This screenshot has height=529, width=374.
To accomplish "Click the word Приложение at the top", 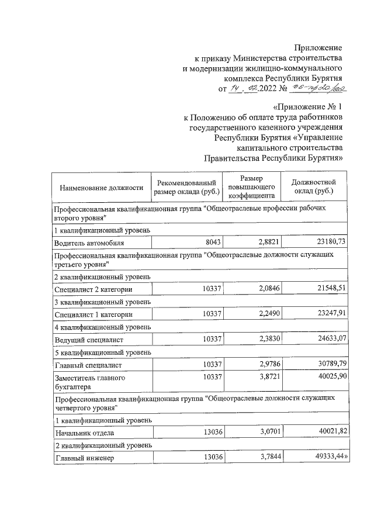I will point(318,47).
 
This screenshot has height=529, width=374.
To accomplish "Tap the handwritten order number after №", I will point(321,88).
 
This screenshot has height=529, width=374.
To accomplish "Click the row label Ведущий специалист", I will point(88,339).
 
